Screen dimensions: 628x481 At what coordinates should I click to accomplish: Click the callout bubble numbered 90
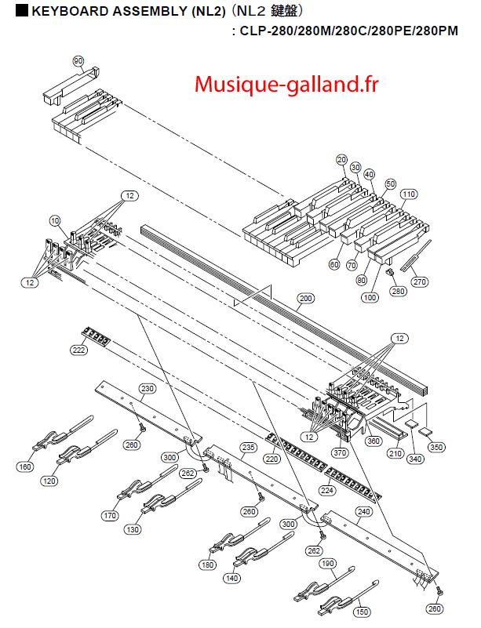(x=78, y=60)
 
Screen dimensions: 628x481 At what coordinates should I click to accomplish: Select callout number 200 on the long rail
(x=305, y=298)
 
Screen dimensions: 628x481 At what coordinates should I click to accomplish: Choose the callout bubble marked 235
(x=248, y=447)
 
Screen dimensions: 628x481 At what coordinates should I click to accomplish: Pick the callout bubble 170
(x=109, y=516)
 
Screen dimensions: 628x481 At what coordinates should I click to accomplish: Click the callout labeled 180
(x=208, y=564)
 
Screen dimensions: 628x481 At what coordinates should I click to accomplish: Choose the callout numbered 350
(x=436, y=448)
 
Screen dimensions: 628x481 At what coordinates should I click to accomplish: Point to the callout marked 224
(x=326, y=490)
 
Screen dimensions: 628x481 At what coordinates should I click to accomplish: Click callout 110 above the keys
(x=408, y=194)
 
